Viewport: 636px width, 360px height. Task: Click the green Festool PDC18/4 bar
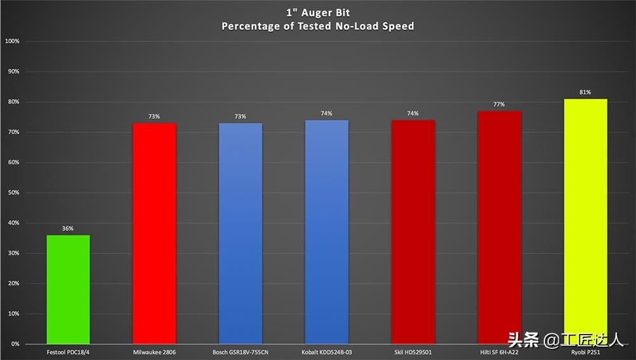68,289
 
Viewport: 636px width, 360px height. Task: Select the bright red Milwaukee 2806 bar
154,233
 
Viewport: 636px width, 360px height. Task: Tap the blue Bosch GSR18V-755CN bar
240,233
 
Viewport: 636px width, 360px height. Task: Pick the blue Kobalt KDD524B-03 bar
327,232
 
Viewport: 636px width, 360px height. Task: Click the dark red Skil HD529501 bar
413,232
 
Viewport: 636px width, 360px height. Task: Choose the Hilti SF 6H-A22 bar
499,228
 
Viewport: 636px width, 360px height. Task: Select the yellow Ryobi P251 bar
585,221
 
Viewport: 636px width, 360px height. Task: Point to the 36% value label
68,228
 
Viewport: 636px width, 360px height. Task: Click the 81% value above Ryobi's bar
585,92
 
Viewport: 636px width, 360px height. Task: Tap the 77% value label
499,104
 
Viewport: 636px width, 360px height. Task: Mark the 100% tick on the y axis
12,41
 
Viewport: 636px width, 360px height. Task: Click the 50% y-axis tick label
13,193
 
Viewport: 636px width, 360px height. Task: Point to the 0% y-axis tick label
15,344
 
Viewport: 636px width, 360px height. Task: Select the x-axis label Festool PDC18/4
68,352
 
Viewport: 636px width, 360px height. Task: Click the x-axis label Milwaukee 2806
154,352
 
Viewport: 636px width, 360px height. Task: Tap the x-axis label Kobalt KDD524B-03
327,352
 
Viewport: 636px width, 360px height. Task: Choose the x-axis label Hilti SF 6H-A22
499,352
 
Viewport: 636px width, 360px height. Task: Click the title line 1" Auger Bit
317,11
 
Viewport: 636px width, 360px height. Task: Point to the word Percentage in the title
249,26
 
